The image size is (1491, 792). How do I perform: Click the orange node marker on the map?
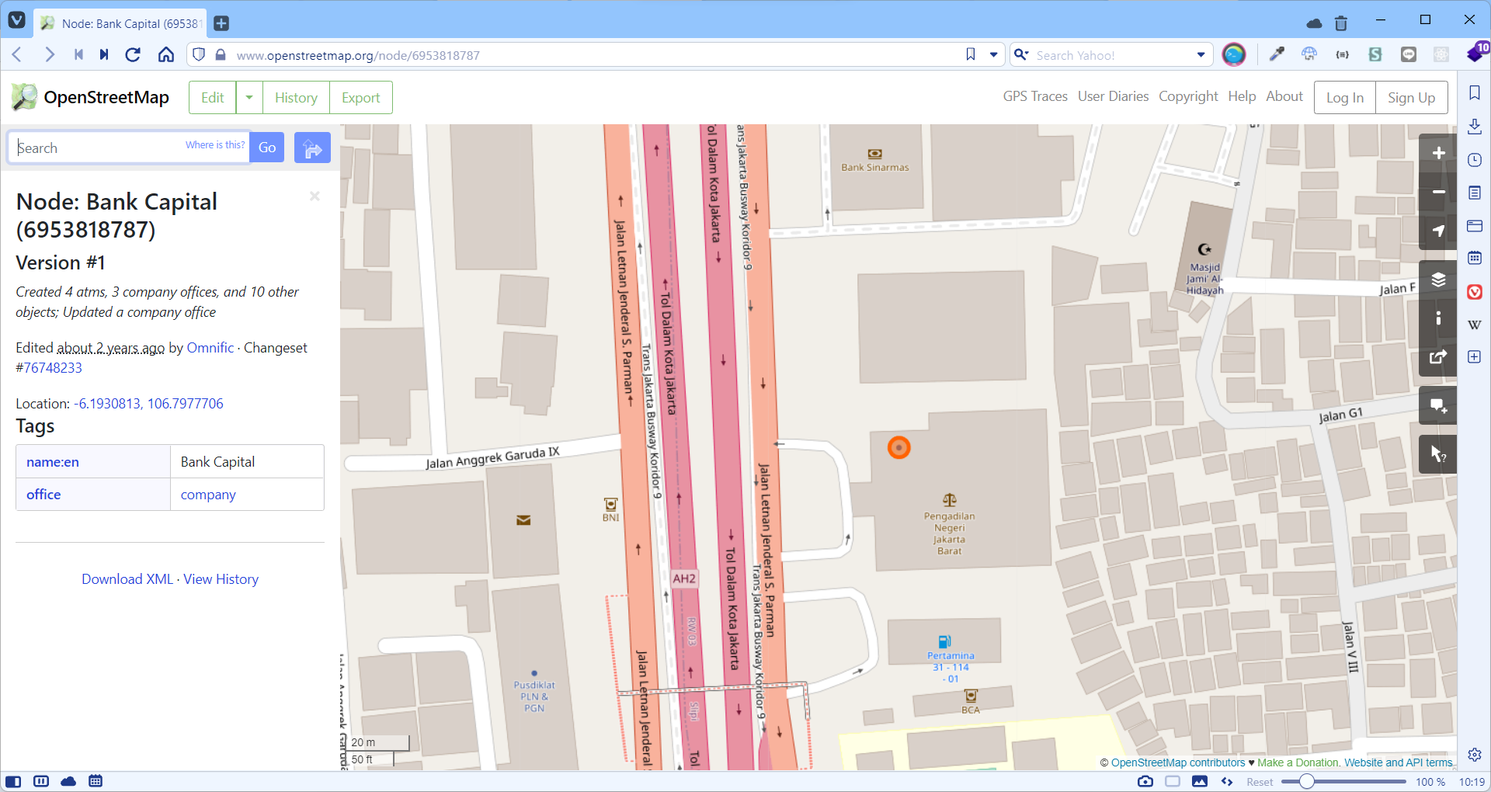coord(898,447)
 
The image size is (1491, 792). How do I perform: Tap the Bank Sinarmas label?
coord(874,167)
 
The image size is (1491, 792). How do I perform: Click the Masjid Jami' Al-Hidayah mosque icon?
coord(1204,249)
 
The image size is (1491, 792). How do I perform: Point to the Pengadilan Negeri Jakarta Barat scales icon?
coord(949,499)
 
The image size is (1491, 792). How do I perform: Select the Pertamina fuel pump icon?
coord(944,641)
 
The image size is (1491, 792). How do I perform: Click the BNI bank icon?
coord(610,504)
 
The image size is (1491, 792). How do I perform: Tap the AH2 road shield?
coord(684,578)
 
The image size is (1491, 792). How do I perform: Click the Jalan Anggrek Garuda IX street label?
coord(492,458)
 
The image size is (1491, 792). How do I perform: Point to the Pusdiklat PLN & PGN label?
coord(534,696)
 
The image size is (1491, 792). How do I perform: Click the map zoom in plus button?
coord(1438,153)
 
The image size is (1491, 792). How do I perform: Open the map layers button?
coord(1438,280)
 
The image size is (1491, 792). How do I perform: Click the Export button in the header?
coord(361,98)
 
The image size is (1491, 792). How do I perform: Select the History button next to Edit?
coord(296,98)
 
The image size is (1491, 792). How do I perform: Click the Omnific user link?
coord(210,348)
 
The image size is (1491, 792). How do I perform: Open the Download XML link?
coord(127,579)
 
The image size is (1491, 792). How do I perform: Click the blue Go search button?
coord(267,148)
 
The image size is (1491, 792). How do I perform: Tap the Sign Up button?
coord(1411,98)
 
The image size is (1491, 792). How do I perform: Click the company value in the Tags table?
coord(208,495)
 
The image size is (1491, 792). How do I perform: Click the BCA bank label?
coord(971,710)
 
